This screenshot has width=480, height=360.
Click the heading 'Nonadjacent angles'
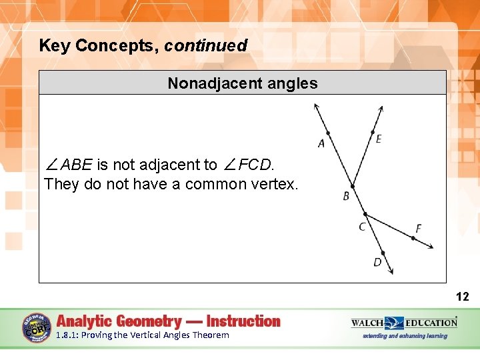coord(243,83)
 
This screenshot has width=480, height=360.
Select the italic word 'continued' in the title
coord(205,46)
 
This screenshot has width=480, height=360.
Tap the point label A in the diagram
coord(321,143)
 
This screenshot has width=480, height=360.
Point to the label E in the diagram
coord(379,139)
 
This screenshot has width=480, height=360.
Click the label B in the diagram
coord(346,196)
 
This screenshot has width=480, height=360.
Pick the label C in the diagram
coord(362,227)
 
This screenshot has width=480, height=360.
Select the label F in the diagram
coord(418,229)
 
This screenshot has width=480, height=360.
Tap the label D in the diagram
coord(377,262)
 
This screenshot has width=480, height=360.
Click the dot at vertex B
coord(353,186)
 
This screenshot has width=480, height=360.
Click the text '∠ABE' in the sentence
coord(69,165)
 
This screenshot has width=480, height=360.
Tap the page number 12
coord(463,297)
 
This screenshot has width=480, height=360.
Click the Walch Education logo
coord(404,323)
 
